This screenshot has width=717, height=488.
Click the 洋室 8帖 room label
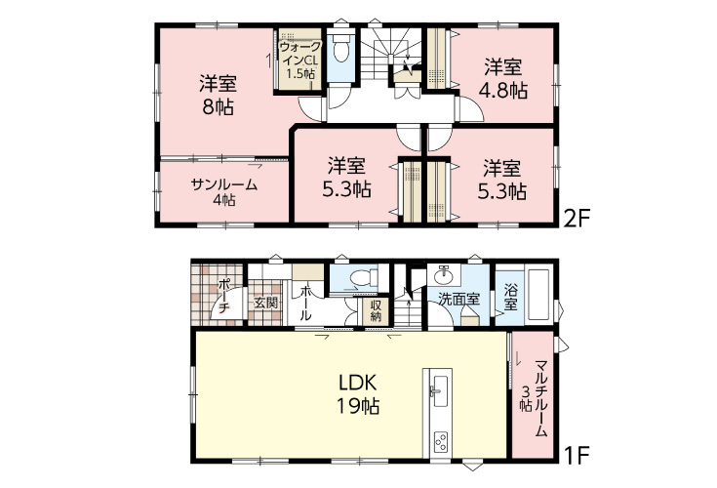click(218, 95)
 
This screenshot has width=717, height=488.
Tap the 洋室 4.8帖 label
click(503, 79)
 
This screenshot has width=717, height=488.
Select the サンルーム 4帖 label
click(224, 192)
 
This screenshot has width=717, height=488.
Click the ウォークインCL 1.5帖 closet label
click(300, 61)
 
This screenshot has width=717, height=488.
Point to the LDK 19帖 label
click(358, 393)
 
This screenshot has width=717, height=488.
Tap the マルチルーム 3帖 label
click(535, 398)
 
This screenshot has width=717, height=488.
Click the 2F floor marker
click(578, 219)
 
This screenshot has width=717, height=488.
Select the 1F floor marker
click(577, 455)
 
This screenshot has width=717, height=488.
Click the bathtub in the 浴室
click(538, 296)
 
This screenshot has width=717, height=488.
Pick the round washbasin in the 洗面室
click(443, 275)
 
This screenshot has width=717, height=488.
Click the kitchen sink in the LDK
click(439, 391)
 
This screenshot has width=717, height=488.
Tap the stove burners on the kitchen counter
click(440, 442)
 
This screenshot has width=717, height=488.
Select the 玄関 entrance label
click(265, 303)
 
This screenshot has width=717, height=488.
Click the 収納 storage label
click(376, 310)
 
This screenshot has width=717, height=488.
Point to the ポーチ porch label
click(223, 296)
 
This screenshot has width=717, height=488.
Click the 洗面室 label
click(459, 300)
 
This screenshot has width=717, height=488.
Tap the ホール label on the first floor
click(305, 303)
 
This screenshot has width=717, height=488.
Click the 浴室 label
click(510, 297)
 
